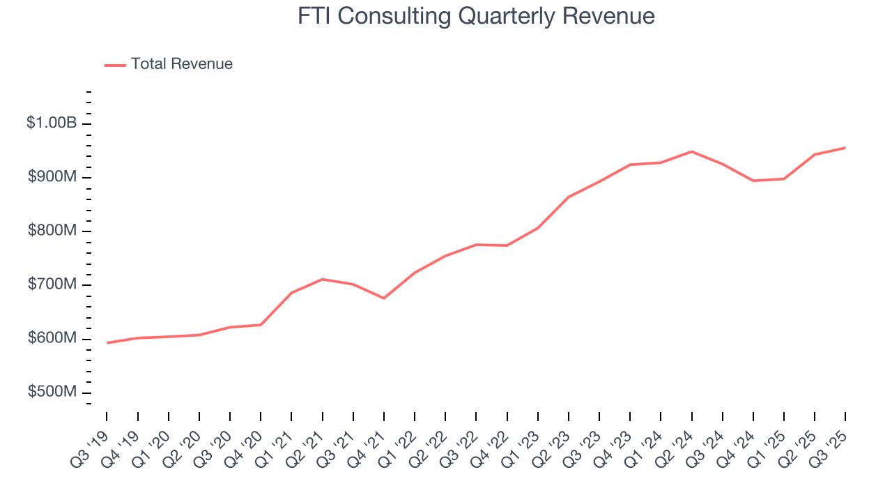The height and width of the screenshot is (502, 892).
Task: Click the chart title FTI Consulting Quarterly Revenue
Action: coord(476,16)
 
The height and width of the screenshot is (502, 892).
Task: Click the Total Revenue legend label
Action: coord(181,64)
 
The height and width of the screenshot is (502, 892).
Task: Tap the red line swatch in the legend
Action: coord(115,65)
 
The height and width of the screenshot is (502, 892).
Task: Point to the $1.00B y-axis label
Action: coord(52,123)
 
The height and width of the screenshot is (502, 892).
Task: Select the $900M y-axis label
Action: coord(52,177)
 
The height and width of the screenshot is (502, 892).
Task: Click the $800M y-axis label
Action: coord(52,231)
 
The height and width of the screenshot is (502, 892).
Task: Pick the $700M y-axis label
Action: coord(52,284)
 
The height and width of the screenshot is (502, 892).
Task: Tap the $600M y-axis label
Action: coord(52,338)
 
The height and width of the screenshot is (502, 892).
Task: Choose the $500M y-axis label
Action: coord(52,392)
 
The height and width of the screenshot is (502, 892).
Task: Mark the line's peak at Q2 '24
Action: coord(691,151)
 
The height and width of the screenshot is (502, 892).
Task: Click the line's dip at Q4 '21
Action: coord(384,298)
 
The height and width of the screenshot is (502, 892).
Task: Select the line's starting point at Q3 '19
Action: coord(107,343)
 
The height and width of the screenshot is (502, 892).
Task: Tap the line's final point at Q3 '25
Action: coord(845,148)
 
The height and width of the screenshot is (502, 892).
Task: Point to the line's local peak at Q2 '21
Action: coord(322,279)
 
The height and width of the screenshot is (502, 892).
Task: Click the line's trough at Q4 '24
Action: coord(753,181)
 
